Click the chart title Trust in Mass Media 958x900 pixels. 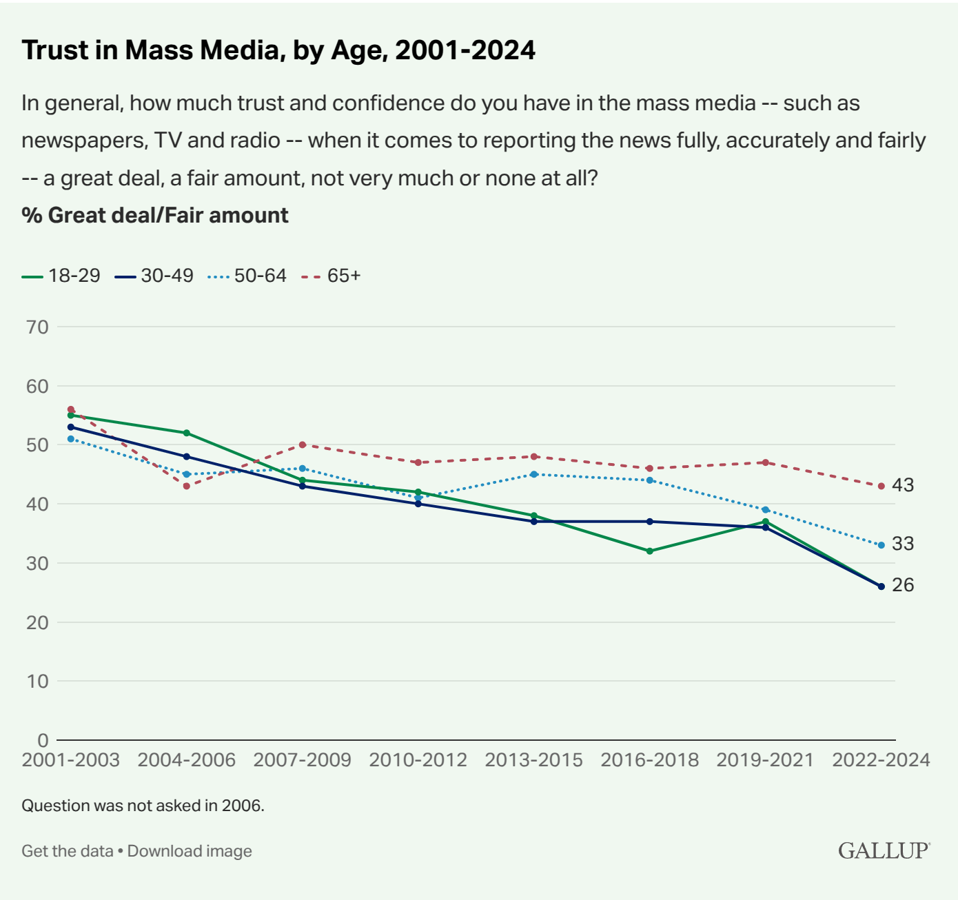(278, 50)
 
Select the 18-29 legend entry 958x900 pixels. (61, 276)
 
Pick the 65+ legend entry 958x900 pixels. (332, 276)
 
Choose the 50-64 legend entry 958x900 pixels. (247, 276)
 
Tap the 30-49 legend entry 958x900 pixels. (154, 276)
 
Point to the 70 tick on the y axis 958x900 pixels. (37, 327)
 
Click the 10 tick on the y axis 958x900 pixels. (37, 681)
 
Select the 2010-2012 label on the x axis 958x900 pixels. (418, 760)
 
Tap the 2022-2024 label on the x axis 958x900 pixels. (881, 760)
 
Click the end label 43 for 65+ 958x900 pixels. (903, 485)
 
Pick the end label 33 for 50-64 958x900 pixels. (903, 544)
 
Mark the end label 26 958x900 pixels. (903, 585)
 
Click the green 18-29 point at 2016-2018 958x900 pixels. (649, 551)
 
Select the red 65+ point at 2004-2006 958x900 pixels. (186, 486)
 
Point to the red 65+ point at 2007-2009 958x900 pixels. (302, 444)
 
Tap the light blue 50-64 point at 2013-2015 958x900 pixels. (533, 474)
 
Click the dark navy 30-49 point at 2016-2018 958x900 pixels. (649, 522)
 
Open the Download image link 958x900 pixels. (190, 851)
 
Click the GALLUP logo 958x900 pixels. (884, 850)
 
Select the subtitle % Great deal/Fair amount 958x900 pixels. (155, 215)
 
